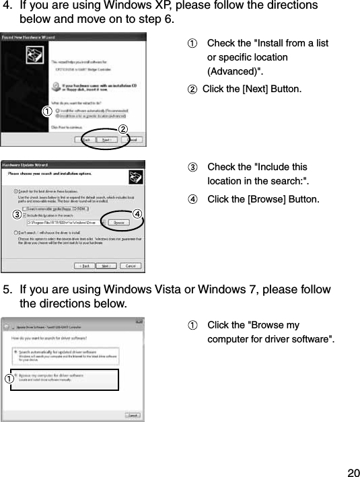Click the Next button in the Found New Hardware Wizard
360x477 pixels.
coord(106,140)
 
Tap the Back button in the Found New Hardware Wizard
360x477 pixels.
coord(87,140)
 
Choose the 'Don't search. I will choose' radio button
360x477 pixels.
coord(16,232)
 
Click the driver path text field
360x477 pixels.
coord(64,221)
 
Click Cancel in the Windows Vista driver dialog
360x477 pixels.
coord(133,416)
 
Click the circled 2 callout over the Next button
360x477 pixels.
coord(123,129)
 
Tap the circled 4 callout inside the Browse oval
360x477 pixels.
coord(137,214)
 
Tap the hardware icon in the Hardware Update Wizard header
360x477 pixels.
coord(135,177)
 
